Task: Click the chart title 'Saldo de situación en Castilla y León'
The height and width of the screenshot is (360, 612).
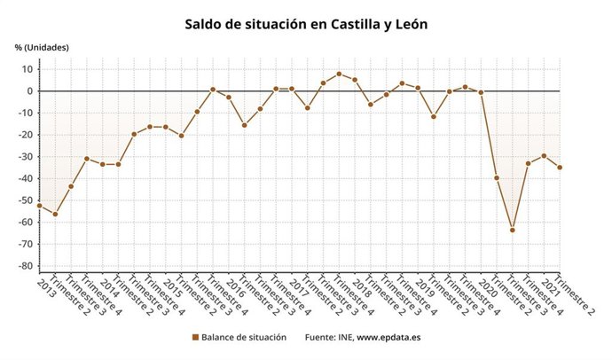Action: pyautogui.click(x=306, y=24)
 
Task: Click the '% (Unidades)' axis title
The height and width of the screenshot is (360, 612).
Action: pyautogui.click(x=42, y=47)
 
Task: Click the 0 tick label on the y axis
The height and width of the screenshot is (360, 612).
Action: pyautogui.click(x=29, y=91)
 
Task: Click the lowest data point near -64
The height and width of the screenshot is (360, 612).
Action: pyautogui.click(x=512, y=230)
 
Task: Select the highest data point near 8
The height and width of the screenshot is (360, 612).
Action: pyautogui.click(x=339, y=74)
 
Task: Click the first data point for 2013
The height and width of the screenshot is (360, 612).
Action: pyautogui.click(x=39, y=206)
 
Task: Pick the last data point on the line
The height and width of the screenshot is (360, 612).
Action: pyautogui.click(x=560, y=168)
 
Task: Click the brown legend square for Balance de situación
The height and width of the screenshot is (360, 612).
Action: pyautogui.click(x=194, y=338)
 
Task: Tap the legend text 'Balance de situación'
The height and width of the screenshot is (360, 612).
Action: pyautogui.click(x=244, y=338)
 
